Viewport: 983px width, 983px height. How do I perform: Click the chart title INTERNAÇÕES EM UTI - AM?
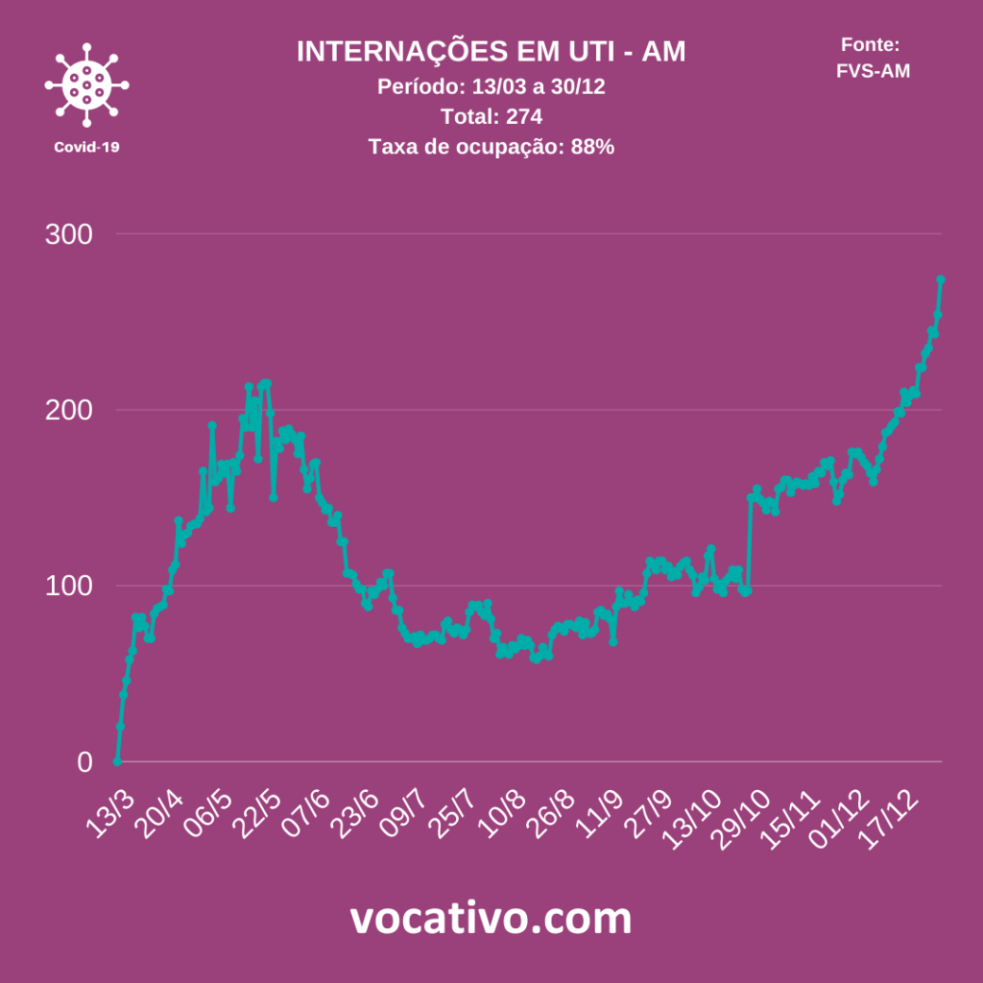[x=491, y=52]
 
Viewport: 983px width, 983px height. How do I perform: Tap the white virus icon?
[x=86, y=84]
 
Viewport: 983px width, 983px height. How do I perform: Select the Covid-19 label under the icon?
[x=86, y=147]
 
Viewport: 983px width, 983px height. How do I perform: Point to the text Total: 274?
[x=491, y=117]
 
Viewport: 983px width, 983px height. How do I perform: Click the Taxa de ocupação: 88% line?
[x=491, y=147]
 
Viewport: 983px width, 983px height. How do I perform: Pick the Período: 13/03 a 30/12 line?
[x=491, y=86]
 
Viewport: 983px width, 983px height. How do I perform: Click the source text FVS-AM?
[x=873, y=70]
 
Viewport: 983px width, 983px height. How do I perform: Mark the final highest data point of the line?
[x=941, y=279]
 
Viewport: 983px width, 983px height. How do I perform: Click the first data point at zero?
[x=117, y=761]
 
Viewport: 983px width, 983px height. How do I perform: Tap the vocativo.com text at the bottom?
[x=491, y=919]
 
